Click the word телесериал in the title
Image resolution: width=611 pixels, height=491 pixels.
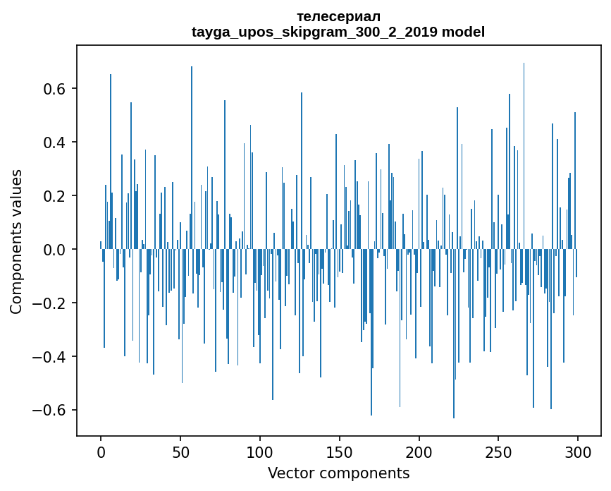(x=338, y=16)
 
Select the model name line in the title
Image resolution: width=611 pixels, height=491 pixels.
(x=338, y=32)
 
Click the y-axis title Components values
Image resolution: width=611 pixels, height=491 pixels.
(x=16, y=241)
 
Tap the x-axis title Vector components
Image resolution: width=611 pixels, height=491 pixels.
(x=338, y=473)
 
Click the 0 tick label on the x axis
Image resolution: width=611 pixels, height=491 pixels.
(x=101, y=451)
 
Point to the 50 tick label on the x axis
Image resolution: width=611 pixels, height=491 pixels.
(x=180, y=451)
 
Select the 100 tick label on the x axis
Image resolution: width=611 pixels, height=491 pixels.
(x=260, y=451)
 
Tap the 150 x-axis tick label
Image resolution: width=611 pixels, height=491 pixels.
(x=340, y=451)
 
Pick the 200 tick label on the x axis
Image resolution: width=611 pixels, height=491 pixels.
(x=419, y=451)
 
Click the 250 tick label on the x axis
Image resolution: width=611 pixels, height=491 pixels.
(x=499, y=451)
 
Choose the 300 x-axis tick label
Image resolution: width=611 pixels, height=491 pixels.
(x=579, y=451)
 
